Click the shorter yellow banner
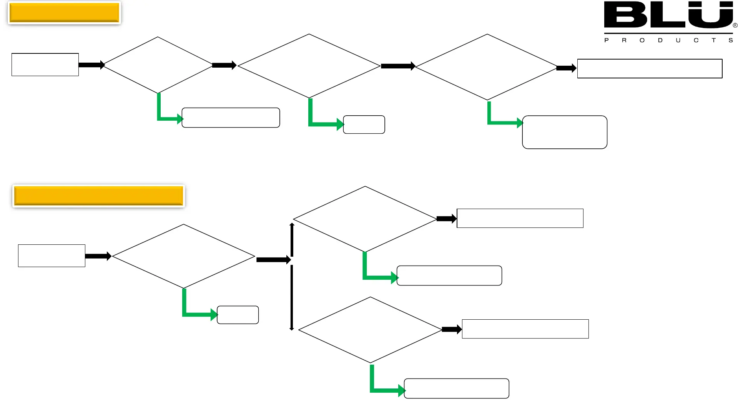(x=64, y=13)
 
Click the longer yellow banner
(x=98, y=196)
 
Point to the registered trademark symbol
(x=735, y=25)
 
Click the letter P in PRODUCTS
(x=607, y=40)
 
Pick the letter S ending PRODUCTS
(x=731, y=40)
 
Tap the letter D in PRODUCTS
(x=660, y=40)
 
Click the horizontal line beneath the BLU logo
(x=668, y=33)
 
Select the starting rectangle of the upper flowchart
(x=45, y=65)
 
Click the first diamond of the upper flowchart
(x=158, y=65)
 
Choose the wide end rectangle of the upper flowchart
(x=650, y=68)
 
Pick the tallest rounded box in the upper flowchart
(x=565, y=132)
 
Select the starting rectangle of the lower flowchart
(x=52, y=256)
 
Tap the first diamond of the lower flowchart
(x=184, y=256)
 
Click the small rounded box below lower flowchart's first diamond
(x=238, y=315)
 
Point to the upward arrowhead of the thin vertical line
(x=292, y=225)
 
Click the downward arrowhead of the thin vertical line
(x=292, y=328)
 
